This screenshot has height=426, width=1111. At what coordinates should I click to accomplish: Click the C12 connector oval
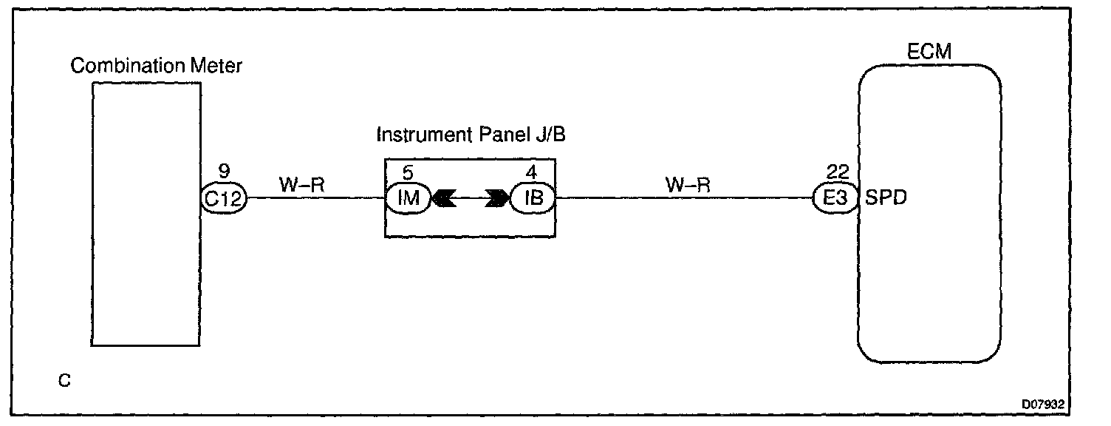(x=224, y=197)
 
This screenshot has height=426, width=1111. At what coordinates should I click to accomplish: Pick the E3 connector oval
(x=835, y=197)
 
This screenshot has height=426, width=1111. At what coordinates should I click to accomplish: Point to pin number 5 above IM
(x=408, y=173)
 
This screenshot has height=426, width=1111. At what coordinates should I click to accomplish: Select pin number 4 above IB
(x=530, y=173)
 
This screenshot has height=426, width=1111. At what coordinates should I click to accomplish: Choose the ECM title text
(x=929, y=52)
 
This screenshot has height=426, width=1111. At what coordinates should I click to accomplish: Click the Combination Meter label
(x=156, y=66)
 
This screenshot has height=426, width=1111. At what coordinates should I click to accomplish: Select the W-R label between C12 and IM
(x=301, y=184)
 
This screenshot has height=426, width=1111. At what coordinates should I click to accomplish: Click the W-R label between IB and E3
(x=688, y=184)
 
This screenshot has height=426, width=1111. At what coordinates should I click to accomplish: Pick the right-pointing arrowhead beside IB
(x=496, y=198)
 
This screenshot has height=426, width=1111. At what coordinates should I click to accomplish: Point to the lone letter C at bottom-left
(x=65, y=382)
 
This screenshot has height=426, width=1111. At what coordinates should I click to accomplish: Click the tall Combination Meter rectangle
(x=146, y=281)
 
